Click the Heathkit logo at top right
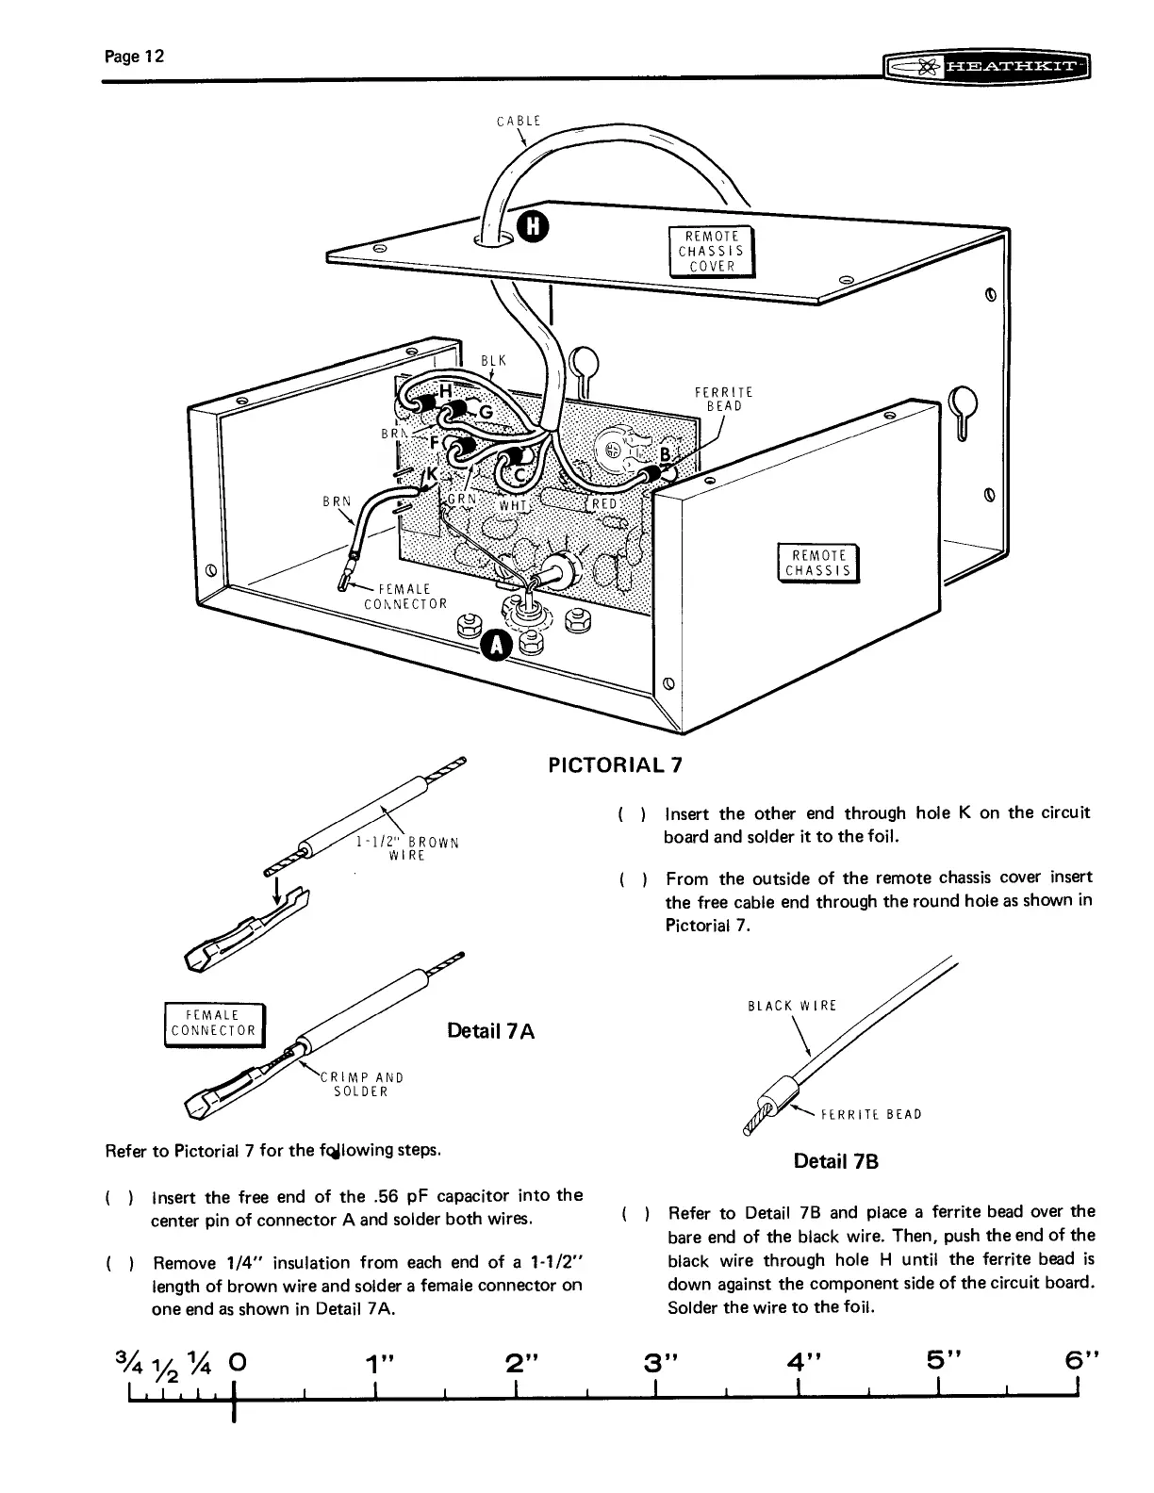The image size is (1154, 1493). click(985, 68)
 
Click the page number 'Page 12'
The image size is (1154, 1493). click(136, 57)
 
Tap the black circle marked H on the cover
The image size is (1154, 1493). click(535, 227)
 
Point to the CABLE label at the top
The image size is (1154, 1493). click(518, 120)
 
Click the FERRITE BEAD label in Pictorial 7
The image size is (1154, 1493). click(724, 400)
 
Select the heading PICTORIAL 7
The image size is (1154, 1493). click(615, 763)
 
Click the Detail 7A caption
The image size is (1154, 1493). click(491, 1030)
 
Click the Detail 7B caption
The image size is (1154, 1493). click(836, 1161)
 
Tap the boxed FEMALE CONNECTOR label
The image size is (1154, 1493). click(215, 1023)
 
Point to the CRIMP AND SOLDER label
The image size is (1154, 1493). click(362, 1084)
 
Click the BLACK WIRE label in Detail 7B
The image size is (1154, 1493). click(792, 1006)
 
